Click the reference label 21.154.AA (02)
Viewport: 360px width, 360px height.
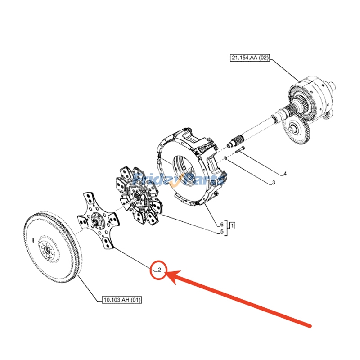[249, 58]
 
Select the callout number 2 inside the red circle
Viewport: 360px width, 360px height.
[159, 270]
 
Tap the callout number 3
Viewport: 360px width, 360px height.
[272, 183]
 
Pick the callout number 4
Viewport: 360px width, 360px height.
[284, 173]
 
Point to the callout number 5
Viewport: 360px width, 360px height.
[222, 232]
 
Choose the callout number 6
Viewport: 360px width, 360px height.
[222, 225]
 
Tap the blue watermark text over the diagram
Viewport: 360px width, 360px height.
[180, 180]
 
